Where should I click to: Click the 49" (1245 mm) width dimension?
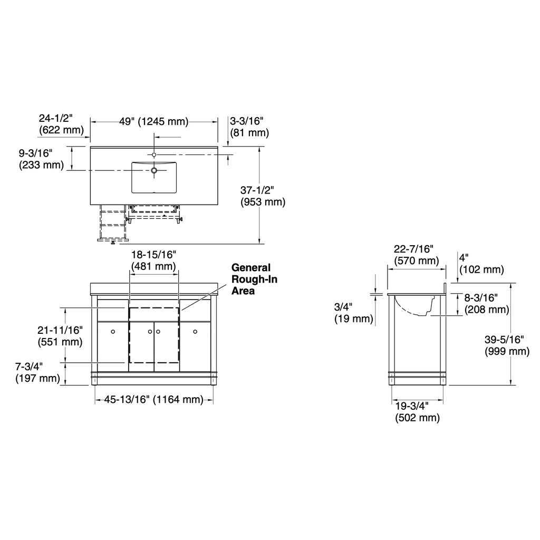coord(154,122)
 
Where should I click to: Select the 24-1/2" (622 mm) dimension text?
coord(61,124)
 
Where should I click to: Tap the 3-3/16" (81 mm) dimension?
coord(249,127)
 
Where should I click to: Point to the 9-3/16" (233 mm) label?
coord(41,159)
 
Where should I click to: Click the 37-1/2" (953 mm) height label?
coord(263,196)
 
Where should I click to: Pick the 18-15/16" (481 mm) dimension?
coord(153,261)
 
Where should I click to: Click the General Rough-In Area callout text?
coord(254,279)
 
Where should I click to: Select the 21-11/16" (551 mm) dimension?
coord(60,336)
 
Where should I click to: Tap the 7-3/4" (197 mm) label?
coord(37,372)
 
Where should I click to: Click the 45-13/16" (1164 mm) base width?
coord(154,400)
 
